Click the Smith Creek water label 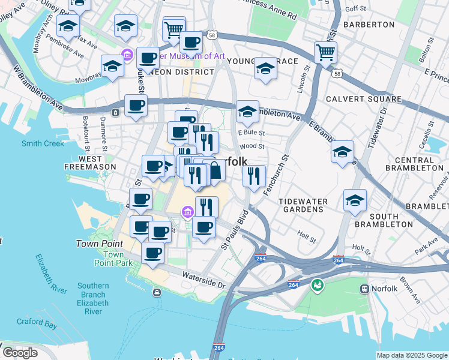[x=43, y=143]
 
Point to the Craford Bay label [x=37, y=325]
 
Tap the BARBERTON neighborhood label [x=369, y=25]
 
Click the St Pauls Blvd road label [x=234, y=229]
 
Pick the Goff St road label [x=355, y=9]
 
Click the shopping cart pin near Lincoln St [x=325, y=52]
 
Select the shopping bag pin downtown [x=214, y=171]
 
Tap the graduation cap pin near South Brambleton [x=355, y=201]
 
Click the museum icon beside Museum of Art [x=127, y=56]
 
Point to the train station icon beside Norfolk [x=364, y=289]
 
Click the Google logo [x=20, y=353]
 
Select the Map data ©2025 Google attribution [x=412, y=355]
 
